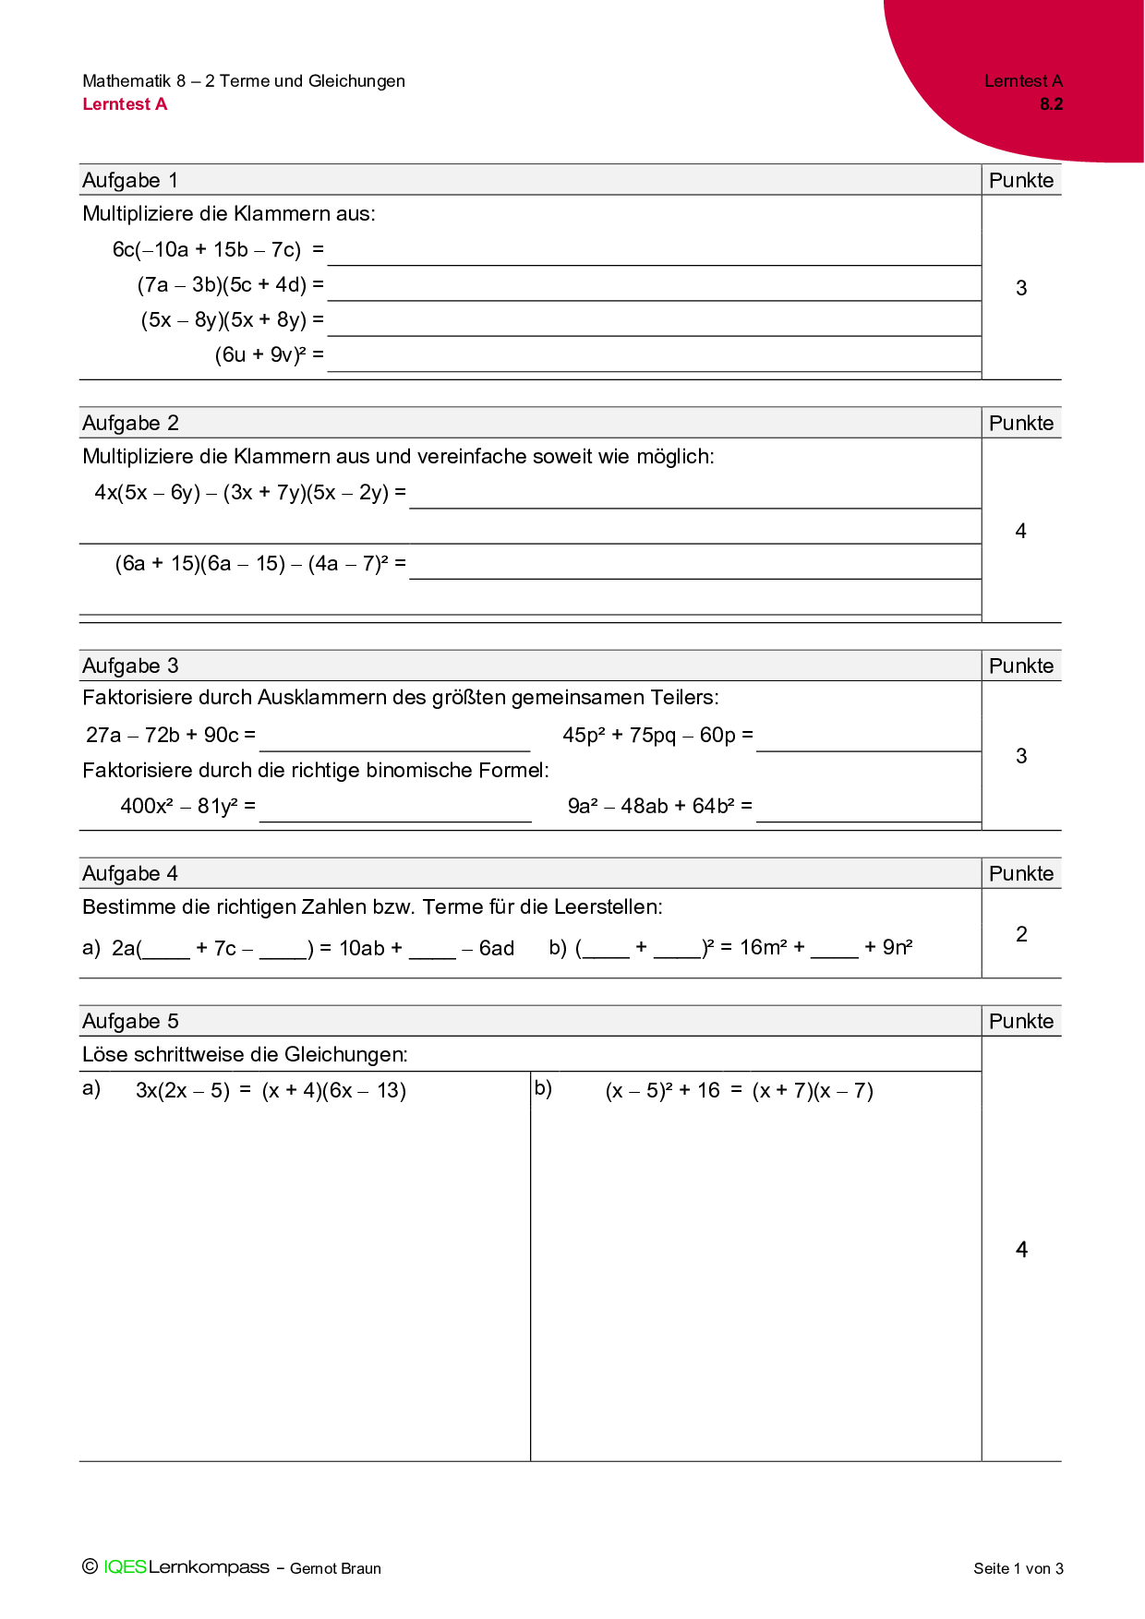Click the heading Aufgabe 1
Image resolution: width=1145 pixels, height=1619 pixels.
[x=130, y=180]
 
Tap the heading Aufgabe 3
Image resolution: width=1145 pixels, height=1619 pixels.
[x=130, y=666]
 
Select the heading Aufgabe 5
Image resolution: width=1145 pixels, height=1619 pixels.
[x=130, y=1021]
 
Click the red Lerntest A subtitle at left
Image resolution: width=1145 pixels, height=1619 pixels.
[x=125, y=104]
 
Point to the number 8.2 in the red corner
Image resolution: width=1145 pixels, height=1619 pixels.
[x=1051, y=104]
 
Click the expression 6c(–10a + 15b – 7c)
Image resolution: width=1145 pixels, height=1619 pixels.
[x=207, y=249]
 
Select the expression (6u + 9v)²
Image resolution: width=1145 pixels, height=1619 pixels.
[x=260, y=354]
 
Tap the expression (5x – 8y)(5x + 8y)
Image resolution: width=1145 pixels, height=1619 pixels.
[x=223, y=319]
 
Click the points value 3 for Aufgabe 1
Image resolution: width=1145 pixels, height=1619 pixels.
[x=1021, y=288]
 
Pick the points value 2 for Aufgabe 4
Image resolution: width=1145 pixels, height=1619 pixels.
[x=1021, y=934]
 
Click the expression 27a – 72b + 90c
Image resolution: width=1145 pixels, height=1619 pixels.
[x=163, y=735]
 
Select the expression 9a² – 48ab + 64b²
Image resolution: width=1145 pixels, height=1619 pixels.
[x=651, y=806]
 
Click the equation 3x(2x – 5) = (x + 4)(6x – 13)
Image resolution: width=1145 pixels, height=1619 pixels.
[x=271, y=1090]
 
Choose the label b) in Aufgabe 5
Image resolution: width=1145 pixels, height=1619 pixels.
[x=543, y=1088]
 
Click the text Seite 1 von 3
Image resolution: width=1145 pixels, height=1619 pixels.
[x=1018, y=1568]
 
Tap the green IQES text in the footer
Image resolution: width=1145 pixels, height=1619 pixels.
[x=125, y=1567]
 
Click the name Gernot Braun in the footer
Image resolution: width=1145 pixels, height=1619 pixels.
[x=335, y=1568]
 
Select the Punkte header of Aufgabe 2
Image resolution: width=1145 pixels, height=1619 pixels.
[x=1021, y=423]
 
